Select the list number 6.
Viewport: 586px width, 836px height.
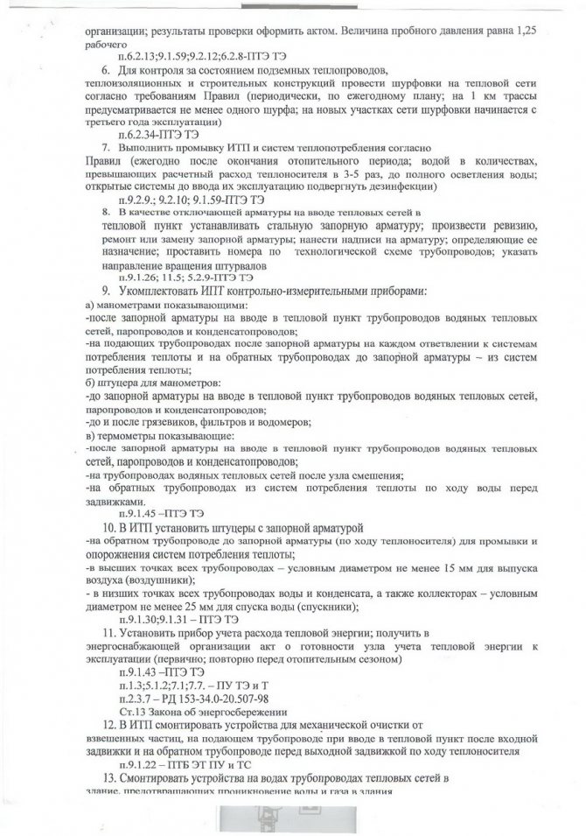click(106, 69)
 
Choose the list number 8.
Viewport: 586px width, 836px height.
click(106, 212)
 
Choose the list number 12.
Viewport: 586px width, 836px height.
click(109, 726)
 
